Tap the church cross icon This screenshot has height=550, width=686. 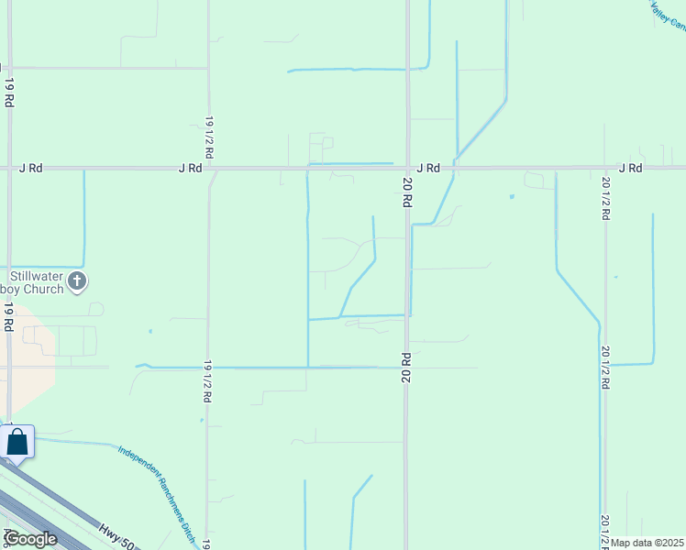(78, 281)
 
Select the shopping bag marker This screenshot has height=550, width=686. (17, 443)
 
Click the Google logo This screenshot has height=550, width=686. (30, 539)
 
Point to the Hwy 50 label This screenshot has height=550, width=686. (116, 534)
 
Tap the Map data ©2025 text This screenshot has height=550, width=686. (647, 543)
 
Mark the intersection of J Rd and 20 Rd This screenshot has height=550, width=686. (407, 169)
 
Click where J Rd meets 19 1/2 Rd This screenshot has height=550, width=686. (209, 169)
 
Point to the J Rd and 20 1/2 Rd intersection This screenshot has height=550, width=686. (605, 169)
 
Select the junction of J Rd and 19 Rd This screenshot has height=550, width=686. (9, 169)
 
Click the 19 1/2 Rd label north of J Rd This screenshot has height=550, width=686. (209, 137)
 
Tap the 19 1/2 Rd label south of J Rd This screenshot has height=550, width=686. (208, 381)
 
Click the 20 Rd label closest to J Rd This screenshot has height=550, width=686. (406, 193)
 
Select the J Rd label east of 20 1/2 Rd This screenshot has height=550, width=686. (630, 169)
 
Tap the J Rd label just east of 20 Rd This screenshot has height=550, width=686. (428, 169)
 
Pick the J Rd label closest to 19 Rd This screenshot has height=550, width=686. (31, 169)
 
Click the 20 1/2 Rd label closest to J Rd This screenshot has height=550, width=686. (605, 197)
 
